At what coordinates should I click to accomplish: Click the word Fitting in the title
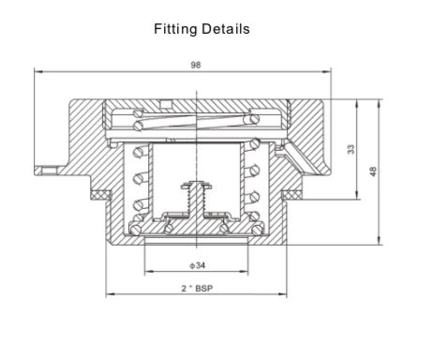point(175,29)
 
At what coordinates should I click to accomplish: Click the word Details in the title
point(224,29)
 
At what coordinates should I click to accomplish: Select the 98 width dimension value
point(195,66)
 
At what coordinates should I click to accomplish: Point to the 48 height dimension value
point(374,171)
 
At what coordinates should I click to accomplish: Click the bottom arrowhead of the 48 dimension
point(380,243)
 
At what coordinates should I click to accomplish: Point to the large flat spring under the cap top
point(197,118)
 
